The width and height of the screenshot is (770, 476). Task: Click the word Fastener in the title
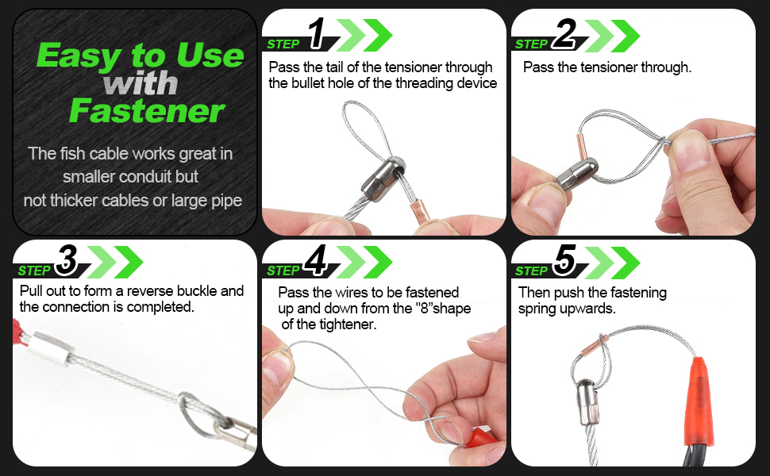pyautogui.click(x=147, y=111)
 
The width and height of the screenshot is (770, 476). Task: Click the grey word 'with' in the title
pyautogui.click(x=141, y=83)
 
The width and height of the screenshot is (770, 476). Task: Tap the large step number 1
pyautogui.click(x=317, y=33)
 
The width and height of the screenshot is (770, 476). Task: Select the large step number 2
pyautogui.click(x=564, y=33)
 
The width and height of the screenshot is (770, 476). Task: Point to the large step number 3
pyautogui.click(x=67, y=260)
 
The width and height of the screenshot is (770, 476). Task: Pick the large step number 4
pyautogui.click(x=315, y=260)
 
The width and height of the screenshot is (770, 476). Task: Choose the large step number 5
pyautogui.click(x=564, y=260)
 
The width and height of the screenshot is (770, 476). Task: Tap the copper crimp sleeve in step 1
pyautogui.click(x=419, y=211)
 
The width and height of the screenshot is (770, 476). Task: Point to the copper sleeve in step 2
pyautogui.click(x=581, y=147)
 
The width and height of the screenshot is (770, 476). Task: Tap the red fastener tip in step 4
pyautogui.click(x=478, y=437)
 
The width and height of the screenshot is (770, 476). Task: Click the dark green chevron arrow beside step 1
pyautogui.click(x=378, y=36)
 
